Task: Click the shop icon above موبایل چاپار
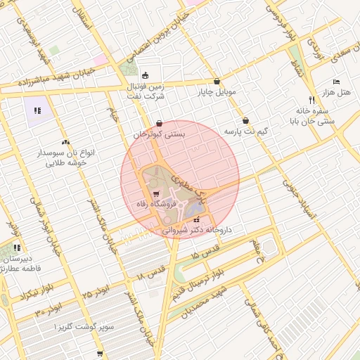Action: pyautogui.click(x=217, y=81)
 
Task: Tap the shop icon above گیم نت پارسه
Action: pyautogui.click(x=245, y=120)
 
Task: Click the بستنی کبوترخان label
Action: pyautogui.click(x=160, y=134)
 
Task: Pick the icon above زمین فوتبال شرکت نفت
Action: pyautogui.click(x=145, y=76)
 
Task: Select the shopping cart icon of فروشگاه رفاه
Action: pyautogui.click(x=156, y=193)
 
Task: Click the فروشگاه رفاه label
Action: pyautogui.click(x=157, y=204)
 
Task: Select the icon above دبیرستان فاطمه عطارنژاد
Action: pyautogui.click(x=17, y=247)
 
